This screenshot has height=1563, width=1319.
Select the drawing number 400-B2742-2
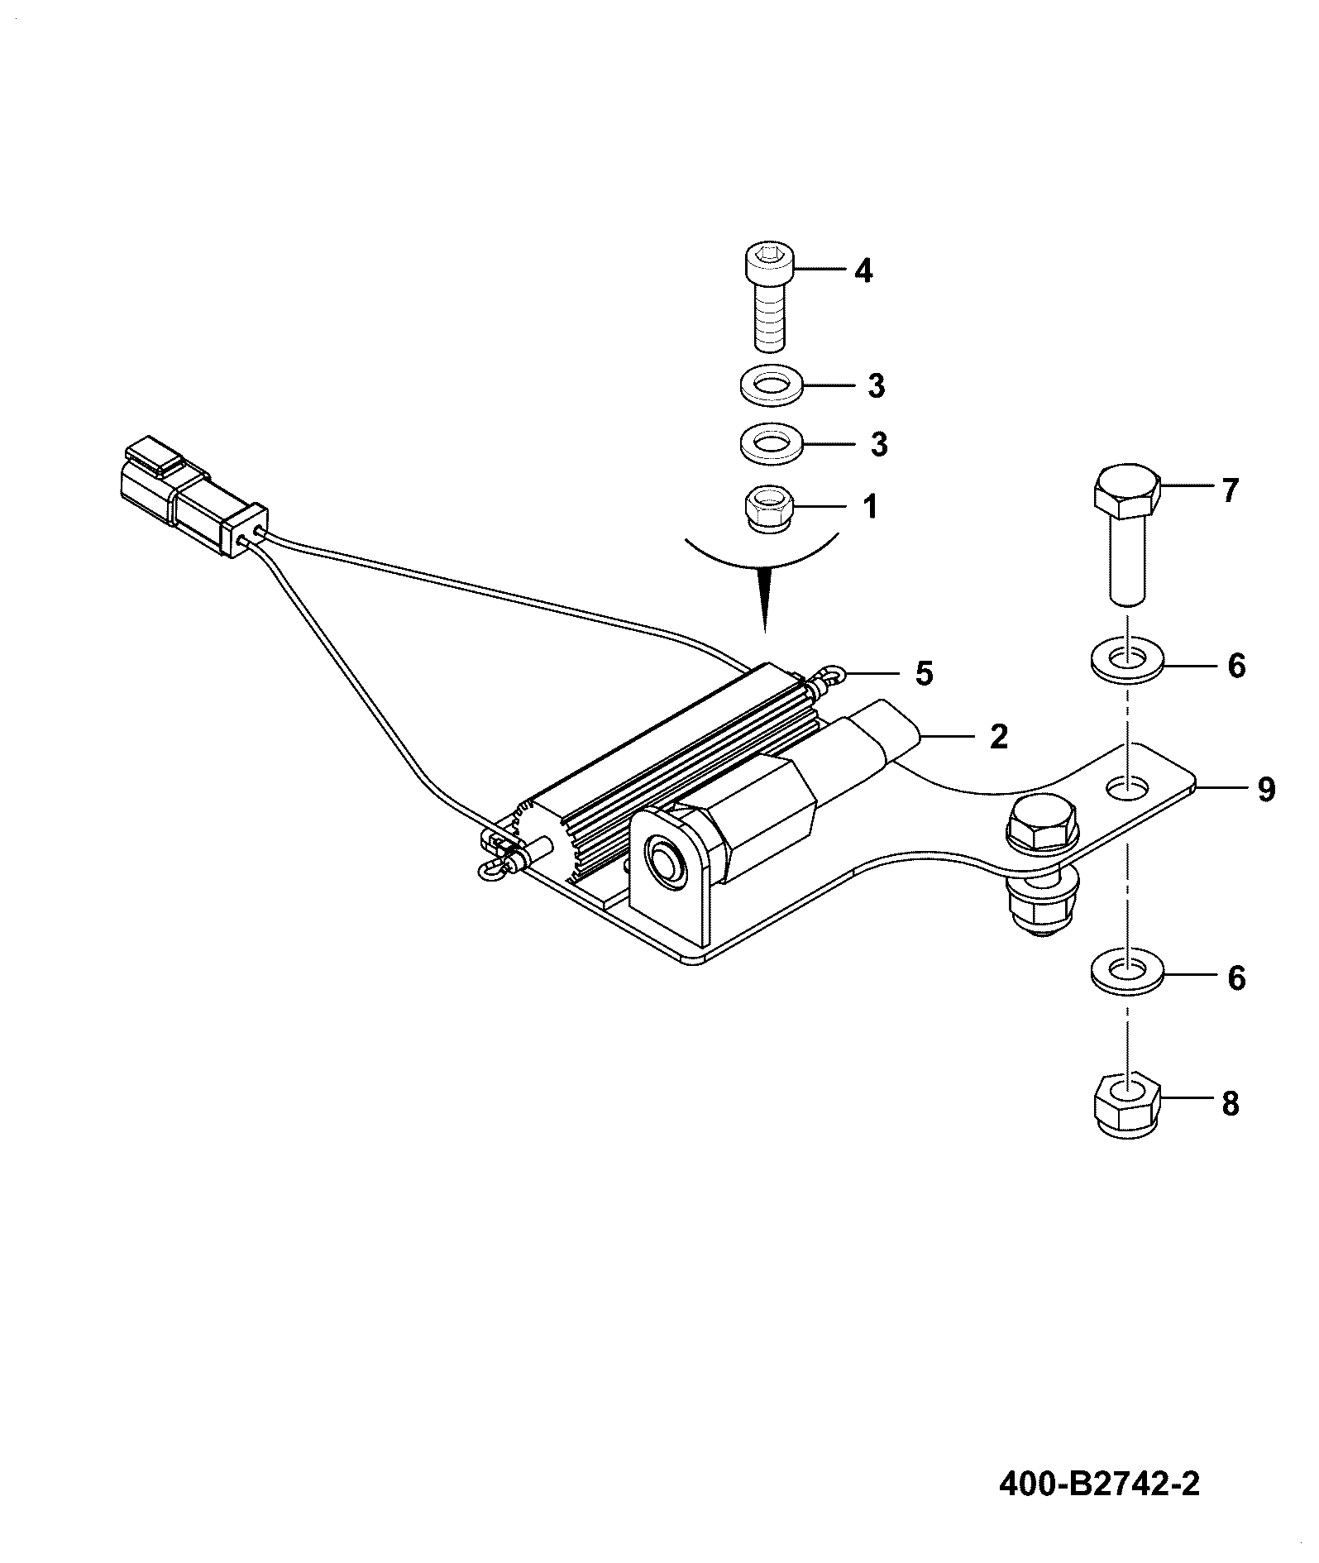click(x=1100, y=1484)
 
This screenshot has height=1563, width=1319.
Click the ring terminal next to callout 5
click(x=829, y=680)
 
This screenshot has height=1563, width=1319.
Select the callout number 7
click(x=1230, y=491)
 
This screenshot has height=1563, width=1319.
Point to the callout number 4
click(x=863, y=270)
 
